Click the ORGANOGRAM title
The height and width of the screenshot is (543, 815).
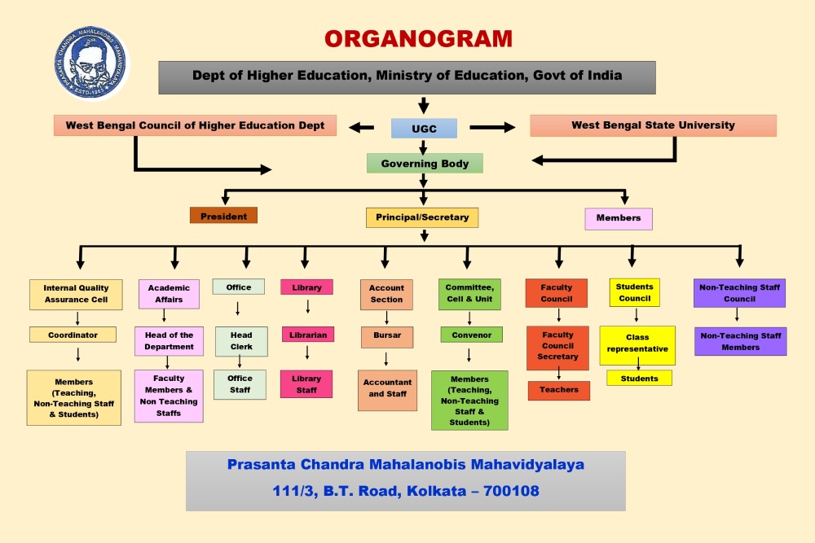tap(418, 39)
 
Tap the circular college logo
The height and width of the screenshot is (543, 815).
tap(91, 63)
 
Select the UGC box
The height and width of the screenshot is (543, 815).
tap(424, 129)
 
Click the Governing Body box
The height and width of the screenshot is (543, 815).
tap(425, 163)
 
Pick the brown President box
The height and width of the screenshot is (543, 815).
tap(223, 216)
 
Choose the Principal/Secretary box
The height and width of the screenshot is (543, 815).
tap(422, 217)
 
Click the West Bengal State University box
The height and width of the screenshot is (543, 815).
tap(654, 125)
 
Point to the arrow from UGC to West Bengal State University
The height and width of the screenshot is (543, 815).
tap(492, 127)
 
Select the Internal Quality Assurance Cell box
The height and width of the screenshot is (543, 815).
tap(76, 295)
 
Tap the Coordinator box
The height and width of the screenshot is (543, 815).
tap(73, 335)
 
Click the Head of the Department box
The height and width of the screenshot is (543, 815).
tap(169, 341)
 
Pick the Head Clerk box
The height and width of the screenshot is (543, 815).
tap(241, 341)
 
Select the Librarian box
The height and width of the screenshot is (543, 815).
tap(308, 335)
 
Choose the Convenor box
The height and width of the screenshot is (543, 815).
tap(471, 335)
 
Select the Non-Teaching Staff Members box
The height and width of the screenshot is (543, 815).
tap(741, 342)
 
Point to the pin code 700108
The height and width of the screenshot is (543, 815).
tap(511, 491)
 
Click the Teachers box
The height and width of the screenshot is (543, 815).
tap(559, 391)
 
